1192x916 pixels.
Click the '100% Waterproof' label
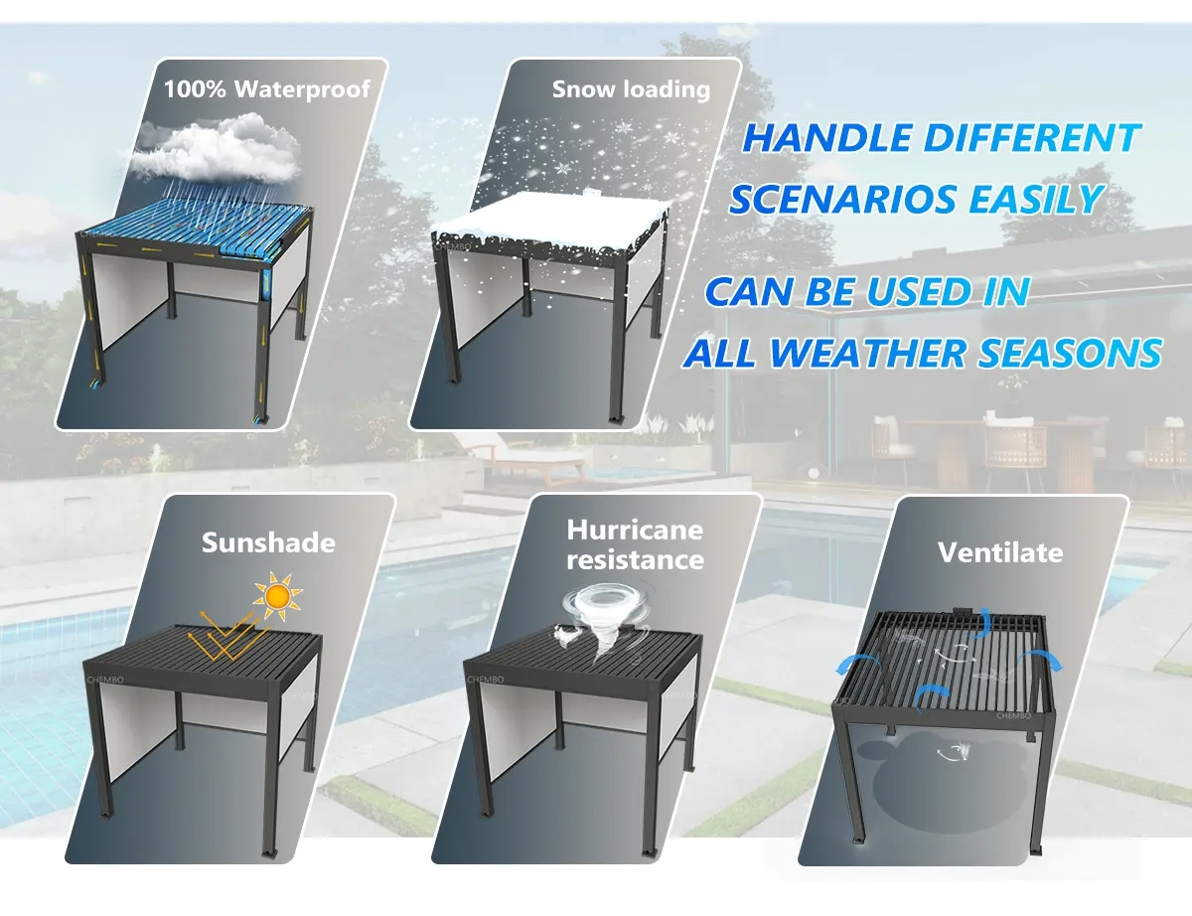(266, 88)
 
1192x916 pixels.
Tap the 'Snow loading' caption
(631, 89)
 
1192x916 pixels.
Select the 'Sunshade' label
(268, 542)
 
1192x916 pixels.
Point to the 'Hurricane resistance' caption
(635, 544)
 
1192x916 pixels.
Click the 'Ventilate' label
(1000, 552)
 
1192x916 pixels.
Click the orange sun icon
(277, 596)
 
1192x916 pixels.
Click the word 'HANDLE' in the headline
(823, 139)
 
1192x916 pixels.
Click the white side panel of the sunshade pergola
(139, 725)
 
